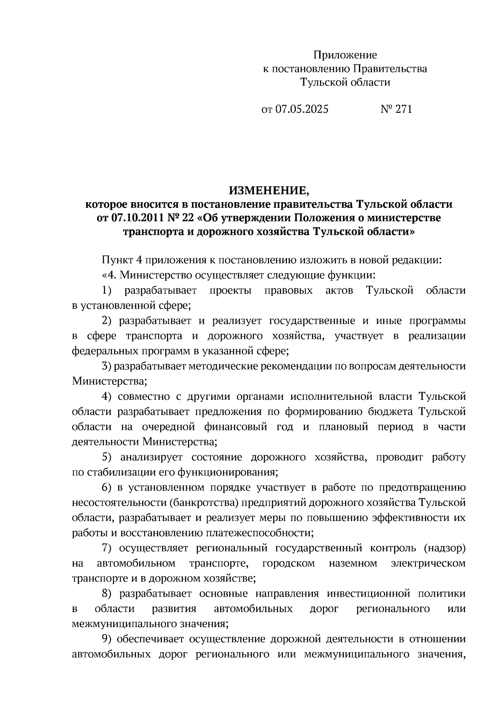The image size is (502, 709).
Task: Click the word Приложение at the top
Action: tap(345, 55)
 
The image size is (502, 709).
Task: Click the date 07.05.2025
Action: tap(302, 109)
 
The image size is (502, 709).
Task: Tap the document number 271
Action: tap(403, 109)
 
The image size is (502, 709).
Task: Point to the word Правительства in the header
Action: tap(390, 69)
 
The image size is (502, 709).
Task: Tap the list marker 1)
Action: tap(107, 290)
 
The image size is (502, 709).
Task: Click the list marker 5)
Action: tap(107, 457)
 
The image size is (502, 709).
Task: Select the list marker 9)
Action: tap(107, 639)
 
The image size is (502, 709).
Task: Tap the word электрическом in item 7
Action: tap(428, 563)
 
